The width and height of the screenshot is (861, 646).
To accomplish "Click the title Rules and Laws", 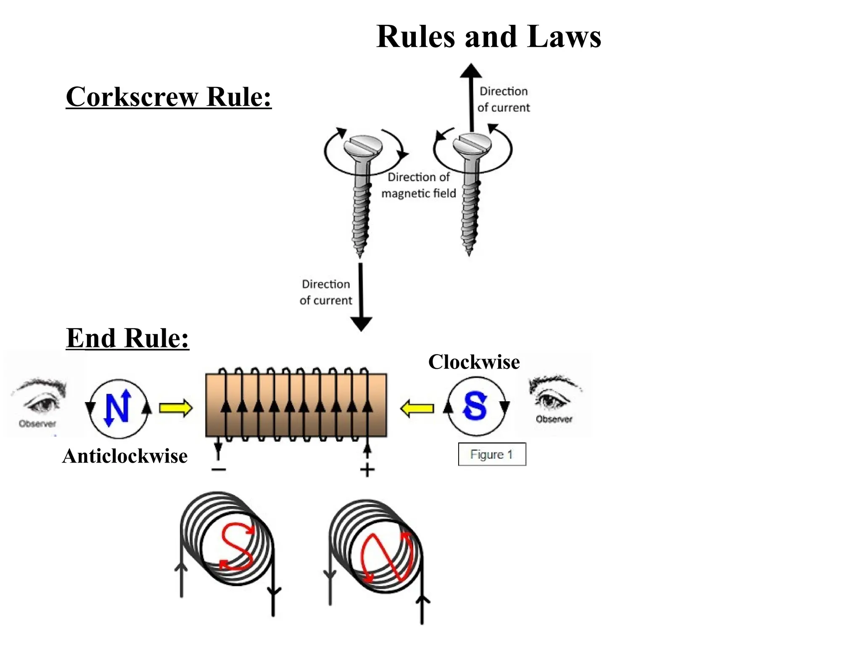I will point(489,37).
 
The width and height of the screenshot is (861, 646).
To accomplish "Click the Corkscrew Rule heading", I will point(169,97).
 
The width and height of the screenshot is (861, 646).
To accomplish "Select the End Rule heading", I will point(127,338).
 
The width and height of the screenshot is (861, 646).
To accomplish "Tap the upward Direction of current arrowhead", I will point(471,71).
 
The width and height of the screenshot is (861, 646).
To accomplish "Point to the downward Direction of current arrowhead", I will point(361,324).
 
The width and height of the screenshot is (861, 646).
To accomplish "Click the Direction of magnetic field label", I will point(418,185).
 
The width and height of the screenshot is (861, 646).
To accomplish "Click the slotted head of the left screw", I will point(362,146).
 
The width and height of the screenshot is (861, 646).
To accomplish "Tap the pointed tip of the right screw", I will point(469,252).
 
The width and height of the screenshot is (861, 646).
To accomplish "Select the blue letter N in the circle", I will point(118,408).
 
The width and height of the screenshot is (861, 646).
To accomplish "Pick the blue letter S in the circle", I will point(475,406).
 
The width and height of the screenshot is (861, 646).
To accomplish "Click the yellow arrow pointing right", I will point(176,408).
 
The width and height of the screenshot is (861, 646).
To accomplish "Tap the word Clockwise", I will point(474,362).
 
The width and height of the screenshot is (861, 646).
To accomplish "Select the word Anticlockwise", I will point(125,456).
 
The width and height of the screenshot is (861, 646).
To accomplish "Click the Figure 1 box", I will point(492,454).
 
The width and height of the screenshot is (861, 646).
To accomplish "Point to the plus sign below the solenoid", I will point(367,470).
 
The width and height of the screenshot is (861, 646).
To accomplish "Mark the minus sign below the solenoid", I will point(219,469).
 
